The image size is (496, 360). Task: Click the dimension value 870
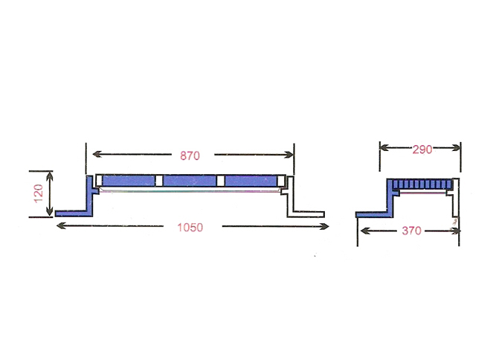point(190,155)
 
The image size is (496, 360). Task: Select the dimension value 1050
point(190,228)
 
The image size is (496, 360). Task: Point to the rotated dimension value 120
point(38,193)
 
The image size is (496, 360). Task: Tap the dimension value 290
point(422,150)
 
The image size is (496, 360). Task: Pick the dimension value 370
point(411,231)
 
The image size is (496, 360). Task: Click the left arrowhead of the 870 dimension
point(97,155)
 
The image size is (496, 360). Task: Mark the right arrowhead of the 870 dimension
point(289,155)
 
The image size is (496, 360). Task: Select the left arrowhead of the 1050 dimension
point(61,226)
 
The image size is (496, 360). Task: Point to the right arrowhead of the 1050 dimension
point(325,227)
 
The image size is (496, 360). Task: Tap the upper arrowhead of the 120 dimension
point(50,176)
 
